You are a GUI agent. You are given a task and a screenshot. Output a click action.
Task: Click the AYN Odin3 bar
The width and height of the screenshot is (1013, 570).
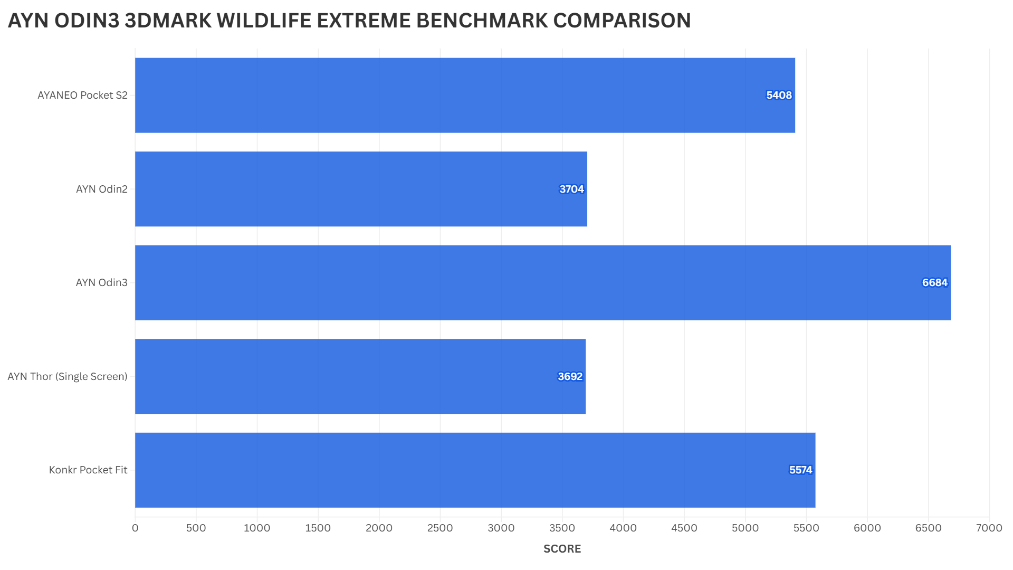pyautogui.click(x=542, y=282)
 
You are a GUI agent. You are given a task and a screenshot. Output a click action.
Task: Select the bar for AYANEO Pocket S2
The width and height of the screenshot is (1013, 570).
pyautogui.click(x=464, y=95)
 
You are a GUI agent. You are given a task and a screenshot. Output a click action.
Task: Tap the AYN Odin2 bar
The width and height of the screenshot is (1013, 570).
pyautogui.click(x=361, y=189)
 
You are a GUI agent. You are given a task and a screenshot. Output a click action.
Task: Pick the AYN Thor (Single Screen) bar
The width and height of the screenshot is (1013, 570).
pyautogui.click(x=360, y=376)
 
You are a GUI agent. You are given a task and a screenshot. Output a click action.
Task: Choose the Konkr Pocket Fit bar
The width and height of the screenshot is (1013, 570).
pyautogui.click(x=475, y=470)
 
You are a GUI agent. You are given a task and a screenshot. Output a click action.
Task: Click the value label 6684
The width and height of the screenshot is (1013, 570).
pyautogui.click(x=934, y=283)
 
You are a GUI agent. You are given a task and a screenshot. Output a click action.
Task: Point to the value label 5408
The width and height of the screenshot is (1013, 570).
pyautogui.click(x=779, y=96)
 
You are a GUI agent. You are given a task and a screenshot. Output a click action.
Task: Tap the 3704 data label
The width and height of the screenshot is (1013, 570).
pyautogui.click(x=571, y=189)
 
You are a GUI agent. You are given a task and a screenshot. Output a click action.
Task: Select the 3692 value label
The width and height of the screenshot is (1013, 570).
pyautogui.click(x=570, y=377)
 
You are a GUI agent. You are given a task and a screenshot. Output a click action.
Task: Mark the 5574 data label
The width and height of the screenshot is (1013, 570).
pyautogui.click(x=800, y=470)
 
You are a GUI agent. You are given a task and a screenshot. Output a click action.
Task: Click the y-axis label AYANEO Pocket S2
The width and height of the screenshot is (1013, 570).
pyautogui.click(x=82, y=96)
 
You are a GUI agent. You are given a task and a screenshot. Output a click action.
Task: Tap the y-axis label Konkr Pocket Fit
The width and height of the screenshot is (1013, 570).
pyautogui.click(x=88, y=470)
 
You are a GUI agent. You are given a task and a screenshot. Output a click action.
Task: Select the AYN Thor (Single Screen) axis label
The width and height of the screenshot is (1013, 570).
pyautogui.click(x=68, y=377)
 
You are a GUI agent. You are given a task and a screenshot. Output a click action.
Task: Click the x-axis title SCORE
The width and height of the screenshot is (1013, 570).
pyautogui.click(x=562, y=549)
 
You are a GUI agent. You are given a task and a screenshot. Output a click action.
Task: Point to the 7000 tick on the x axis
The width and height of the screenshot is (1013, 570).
pyautogui.click(x=989, y=528)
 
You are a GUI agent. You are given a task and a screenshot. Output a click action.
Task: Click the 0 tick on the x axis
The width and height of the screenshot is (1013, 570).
pyautogui.click(x=135, y=528)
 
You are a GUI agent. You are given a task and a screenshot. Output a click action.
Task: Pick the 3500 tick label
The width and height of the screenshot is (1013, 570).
pyautogui.click(x=562, y=528)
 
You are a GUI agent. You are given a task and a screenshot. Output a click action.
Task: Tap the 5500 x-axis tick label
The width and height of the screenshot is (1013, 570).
pyautogui.click(x=806, y=528)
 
